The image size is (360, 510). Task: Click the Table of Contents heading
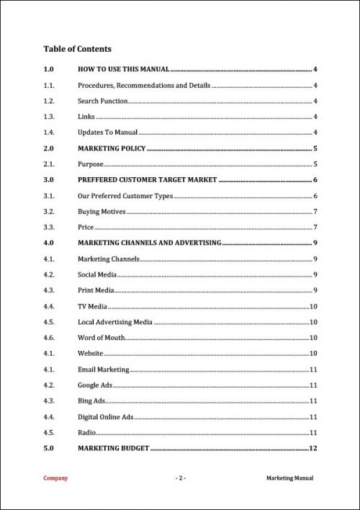coord(77,49)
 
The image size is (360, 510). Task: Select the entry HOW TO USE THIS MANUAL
coord(123,69)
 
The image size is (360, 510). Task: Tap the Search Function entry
coord(103,102)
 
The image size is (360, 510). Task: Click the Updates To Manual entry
coord(107,133)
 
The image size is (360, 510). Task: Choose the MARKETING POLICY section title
coord(112,148)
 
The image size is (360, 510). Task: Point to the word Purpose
coord(91,164)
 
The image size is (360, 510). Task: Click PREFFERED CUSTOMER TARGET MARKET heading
coord(147,180)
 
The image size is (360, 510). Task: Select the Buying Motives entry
coord(102,212)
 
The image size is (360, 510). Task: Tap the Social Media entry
coord(97,274)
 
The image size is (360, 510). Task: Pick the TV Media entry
coord(92,306)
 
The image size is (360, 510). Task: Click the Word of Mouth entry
coord(102,337)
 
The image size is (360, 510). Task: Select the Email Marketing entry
coord(103,369)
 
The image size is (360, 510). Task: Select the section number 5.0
coord(49,448)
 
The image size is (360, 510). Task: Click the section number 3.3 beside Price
coord(49,228)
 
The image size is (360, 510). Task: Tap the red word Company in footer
coord(55,478)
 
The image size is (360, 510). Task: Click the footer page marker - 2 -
coord(181,478)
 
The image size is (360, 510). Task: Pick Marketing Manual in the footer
coord(289,478)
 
